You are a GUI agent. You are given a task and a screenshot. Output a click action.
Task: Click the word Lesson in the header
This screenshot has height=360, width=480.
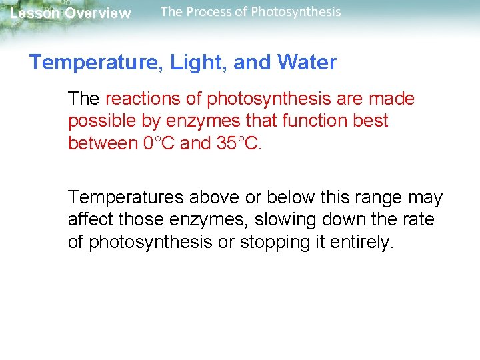coord(35,13)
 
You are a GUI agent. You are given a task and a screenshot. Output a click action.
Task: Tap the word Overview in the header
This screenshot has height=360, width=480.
coord(98,13)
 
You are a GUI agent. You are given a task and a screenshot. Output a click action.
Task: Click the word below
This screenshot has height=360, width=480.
coord(283,198)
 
